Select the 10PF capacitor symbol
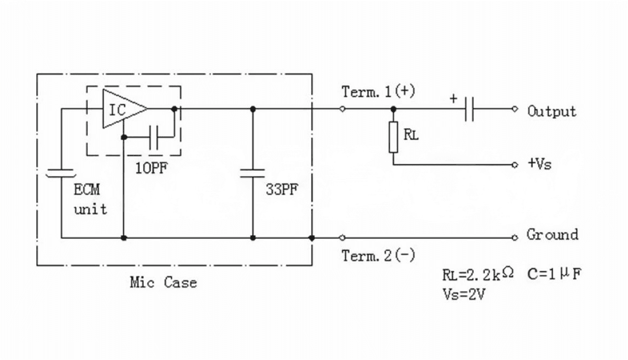154,137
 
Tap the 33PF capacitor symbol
252,173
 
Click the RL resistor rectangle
393,137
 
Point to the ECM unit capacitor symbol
61,173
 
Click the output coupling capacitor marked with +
470,109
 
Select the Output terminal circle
515,109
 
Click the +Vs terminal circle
515,164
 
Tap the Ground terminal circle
515,238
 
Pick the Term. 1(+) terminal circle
342,109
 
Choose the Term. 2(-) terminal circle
342,238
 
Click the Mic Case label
163,282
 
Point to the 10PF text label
151,168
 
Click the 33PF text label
282,189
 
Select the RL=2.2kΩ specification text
478,274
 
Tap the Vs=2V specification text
464,295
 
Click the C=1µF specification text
554,274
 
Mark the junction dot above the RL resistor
393,109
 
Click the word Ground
553,235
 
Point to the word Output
552,111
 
